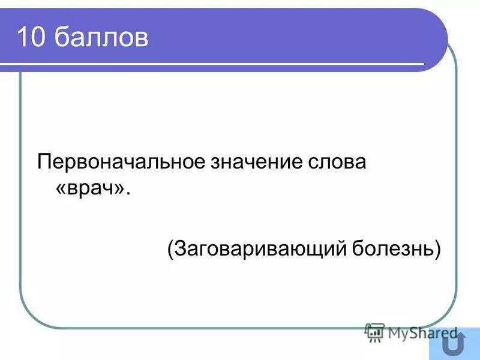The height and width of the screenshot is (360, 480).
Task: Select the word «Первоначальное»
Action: point(119,162)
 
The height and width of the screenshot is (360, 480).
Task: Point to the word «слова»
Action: point(340,162)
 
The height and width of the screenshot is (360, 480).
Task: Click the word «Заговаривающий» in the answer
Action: point(259,248)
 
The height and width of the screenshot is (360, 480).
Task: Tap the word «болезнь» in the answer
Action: point(393,247)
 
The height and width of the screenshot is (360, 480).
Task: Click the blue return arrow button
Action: point(454,344)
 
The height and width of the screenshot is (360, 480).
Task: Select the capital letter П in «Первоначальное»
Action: point(44,162)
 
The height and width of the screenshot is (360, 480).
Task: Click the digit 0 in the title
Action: point(38,38)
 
